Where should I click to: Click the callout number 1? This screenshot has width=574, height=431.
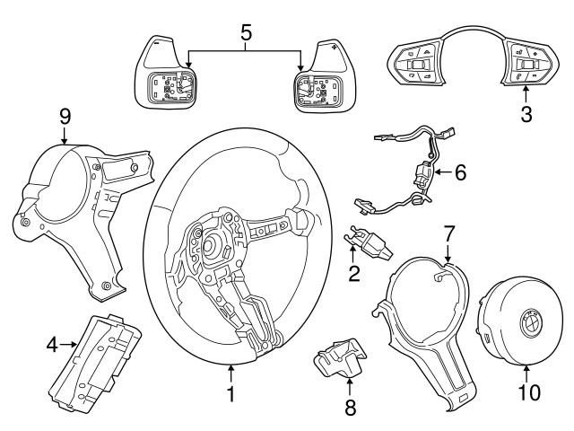[231, 393]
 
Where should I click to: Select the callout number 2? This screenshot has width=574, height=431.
[354, 272]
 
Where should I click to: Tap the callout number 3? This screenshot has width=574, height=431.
[527, 114]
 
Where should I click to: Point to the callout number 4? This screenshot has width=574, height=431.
[52, 343]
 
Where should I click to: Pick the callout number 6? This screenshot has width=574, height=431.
[459, 172]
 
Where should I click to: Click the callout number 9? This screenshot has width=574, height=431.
[65, 116]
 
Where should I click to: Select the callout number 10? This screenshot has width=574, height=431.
[526, 392]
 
